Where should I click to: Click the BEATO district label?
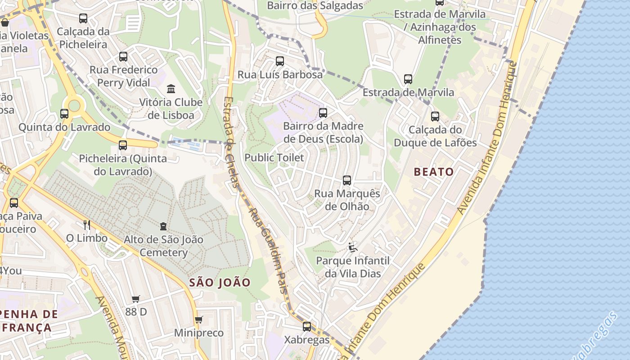click(434, 172)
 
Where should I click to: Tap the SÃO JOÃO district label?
click(220, 283)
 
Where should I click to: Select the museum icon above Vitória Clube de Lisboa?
click(171, 89)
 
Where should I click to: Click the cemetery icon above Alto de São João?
click(163, 226)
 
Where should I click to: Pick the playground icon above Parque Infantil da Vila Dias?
click(353, 247)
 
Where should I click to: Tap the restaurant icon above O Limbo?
click(87, 225)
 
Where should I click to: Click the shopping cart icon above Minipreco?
click(199, 320)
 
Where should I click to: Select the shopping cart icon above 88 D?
click(136, 299)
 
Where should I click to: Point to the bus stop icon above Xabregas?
click(307, 327)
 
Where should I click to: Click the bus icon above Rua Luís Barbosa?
click(280, 61)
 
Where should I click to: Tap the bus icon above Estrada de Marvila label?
click(408, 79)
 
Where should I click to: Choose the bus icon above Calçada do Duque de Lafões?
click(435, 117)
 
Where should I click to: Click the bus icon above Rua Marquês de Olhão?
click(347, 180)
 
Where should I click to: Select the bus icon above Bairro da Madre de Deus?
click(323, 113)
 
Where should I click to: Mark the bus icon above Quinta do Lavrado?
click(64, 114)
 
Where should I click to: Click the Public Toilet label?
click(274, 158)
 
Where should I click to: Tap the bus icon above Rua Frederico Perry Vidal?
click(123, 57)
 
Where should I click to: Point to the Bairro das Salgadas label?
click(315, 6)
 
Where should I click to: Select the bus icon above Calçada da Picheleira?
click(83, 18)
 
